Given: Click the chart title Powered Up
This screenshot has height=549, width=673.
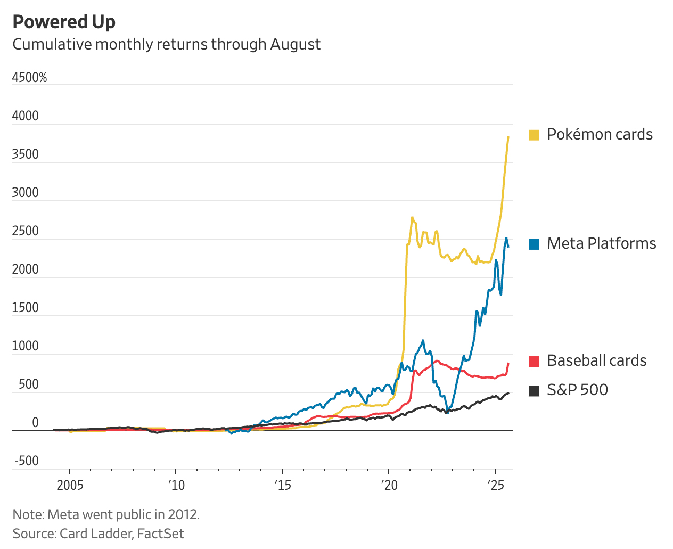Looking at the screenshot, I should point(64,22).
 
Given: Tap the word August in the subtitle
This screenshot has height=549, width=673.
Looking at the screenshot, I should point(295,44).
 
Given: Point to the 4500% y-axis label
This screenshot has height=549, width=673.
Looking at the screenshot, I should point(29,78).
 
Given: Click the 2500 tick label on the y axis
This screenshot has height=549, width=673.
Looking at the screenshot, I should point(26,231).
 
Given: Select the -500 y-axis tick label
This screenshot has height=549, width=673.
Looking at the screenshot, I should point(26,461).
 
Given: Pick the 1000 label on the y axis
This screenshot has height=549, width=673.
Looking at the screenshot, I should point(26,346).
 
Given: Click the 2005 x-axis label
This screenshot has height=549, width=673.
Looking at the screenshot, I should point(70,486).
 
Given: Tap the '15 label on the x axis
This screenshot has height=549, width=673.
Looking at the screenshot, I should point(283,486).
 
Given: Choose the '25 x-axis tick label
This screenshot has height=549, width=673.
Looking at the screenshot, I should point(496,486).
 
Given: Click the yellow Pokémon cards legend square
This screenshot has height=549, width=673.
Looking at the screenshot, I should point(534,135).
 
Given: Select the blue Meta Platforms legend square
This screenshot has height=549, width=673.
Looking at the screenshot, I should point(534,244).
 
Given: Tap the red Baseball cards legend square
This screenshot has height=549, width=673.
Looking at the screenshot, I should point(534,361).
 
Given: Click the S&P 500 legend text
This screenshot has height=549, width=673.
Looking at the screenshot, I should point(577,390).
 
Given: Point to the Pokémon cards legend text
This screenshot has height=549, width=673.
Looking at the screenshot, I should point(600,134).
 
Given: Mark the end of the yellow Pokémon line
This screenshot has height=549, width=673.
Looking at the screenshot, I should point(508,137).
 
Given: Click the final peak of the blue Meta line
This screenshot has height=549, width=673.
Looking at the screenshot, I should point(506,239).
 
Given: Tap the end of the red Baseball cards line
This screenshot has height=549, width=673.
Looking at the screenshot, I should point(508,363).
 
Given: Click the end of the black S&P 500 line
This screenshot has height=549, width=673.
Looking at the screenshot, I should point(508,393).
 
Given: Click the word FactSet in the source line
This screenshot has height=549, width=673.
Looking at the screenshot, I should point(160,534).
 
